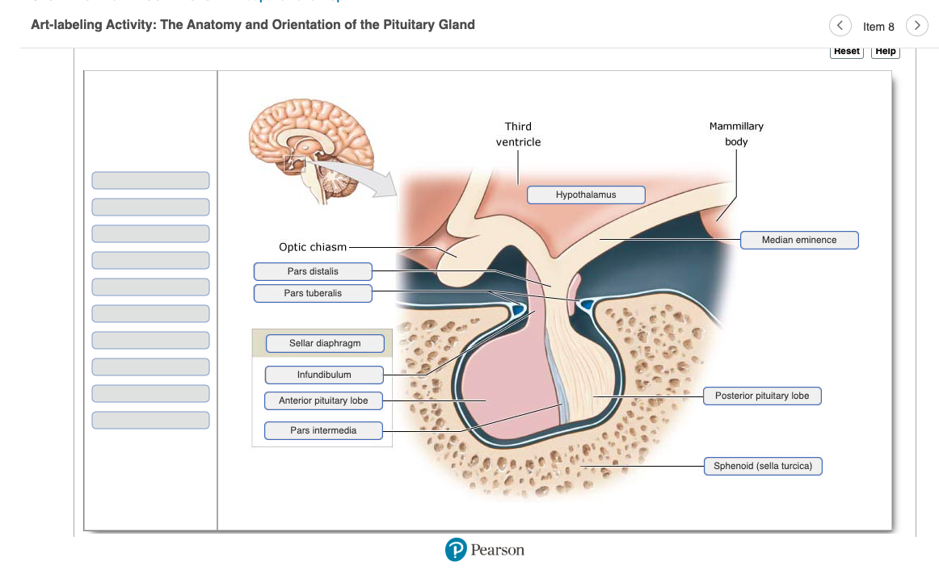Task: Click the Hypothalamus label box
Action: pos(586,195)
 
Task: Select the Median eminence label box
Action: pos(799,240)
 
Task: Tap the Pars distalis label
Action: pos(313,271)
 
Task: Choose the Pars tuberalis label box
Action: pos(313,293)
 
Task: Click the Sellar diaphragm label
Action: pos(325,344)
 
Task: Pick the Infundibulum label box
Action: pos(324,375)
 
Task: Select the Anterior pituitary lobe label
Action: pos(323,400)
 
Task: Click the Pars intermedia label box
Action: pos(323,430)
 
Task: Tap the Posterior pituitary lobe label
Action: pos(762,396)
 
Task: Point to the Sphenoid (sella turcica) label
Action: pos(763,466)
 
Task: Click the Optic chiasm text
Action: pos(313,247)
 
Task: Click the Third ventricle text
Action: pos(518,134)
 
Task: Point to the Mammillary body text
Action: pos(736,134)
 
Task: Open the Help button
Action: pos(886,51)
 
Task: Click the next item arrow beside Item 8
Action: pos(916,26)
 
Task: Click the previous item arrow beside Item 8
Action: pos(840,26)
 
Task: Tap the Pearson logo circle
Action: pos(457,550)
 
